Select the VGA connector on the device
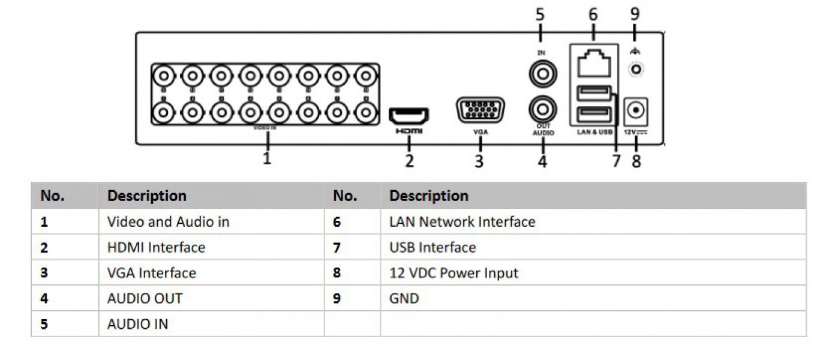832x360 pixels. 480,112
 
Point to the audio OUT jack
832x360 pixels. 542,109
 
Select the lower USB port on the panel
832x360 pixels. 593,114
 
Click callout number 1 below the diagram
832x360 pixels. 268,158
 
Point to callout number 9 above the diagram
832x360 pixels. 635,13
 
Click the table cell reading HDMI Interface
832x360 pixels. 156,247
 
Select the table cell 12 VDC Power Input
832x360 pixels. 453,273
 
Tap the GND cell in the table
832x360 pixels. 404,298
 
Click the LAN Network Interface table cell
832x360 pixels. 462,222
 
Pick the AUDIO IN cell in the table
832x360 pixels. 137,325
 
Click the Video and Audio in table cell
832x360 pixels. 168,222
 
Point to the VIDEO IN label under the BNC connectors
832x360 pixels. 264,128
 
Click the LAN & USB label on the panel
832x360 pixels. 594,132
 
